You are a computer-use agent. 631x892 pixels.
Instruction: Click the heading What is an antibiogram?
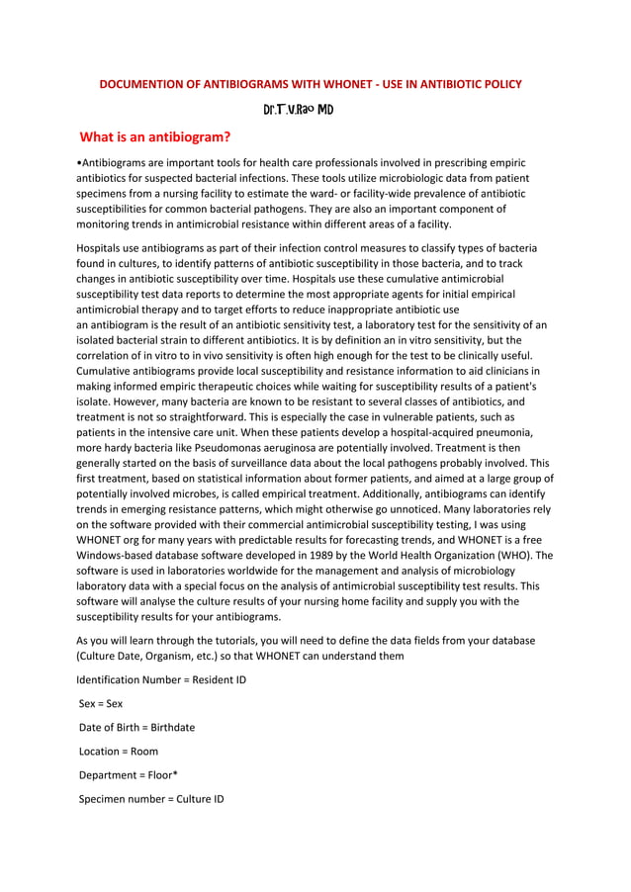click(155, 136)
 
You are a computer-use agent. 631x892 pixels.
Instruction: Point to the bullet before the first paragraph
click(79, 163)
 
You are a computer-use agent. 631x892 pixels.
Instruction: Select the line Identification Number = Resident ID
click(161, 680)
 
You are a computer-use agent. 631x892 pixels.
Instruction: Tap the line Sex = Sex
click(101, 704)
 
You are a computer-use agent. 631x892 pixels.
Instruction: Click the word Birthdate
click(173, 727)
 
